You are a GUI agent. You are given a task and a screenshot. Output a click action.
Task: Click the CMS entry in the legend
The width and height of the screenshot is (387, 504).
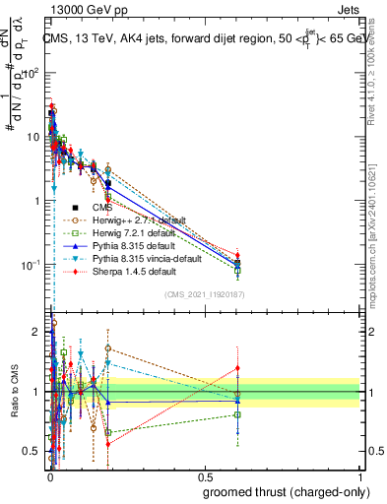[x=102, y=208]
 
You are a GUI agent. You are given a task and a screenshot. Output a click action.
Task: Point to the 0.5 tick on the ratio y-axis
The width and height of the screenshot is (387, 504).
[x=32, y=451]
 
